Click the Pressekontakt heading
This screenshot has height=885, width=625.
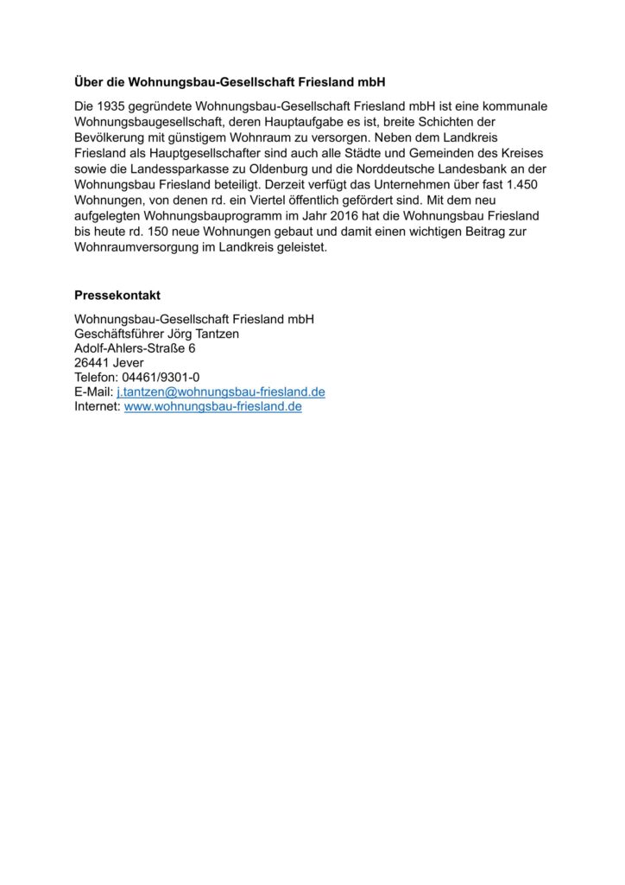pyautogui.click(x=117, y=295)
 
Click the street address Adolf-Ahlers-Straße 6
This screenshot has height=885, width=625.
pyautogui.click(x=135, y=349)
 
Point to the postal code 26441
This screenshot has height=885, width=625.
pyautogui.click(x=92, y=364)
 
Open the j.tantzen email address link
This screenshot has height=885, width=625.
pyautogui.click(x=220, y=392)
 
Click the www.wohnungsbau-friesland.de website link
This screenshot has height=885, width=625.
pyautogui.click(x=213, y=407)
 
